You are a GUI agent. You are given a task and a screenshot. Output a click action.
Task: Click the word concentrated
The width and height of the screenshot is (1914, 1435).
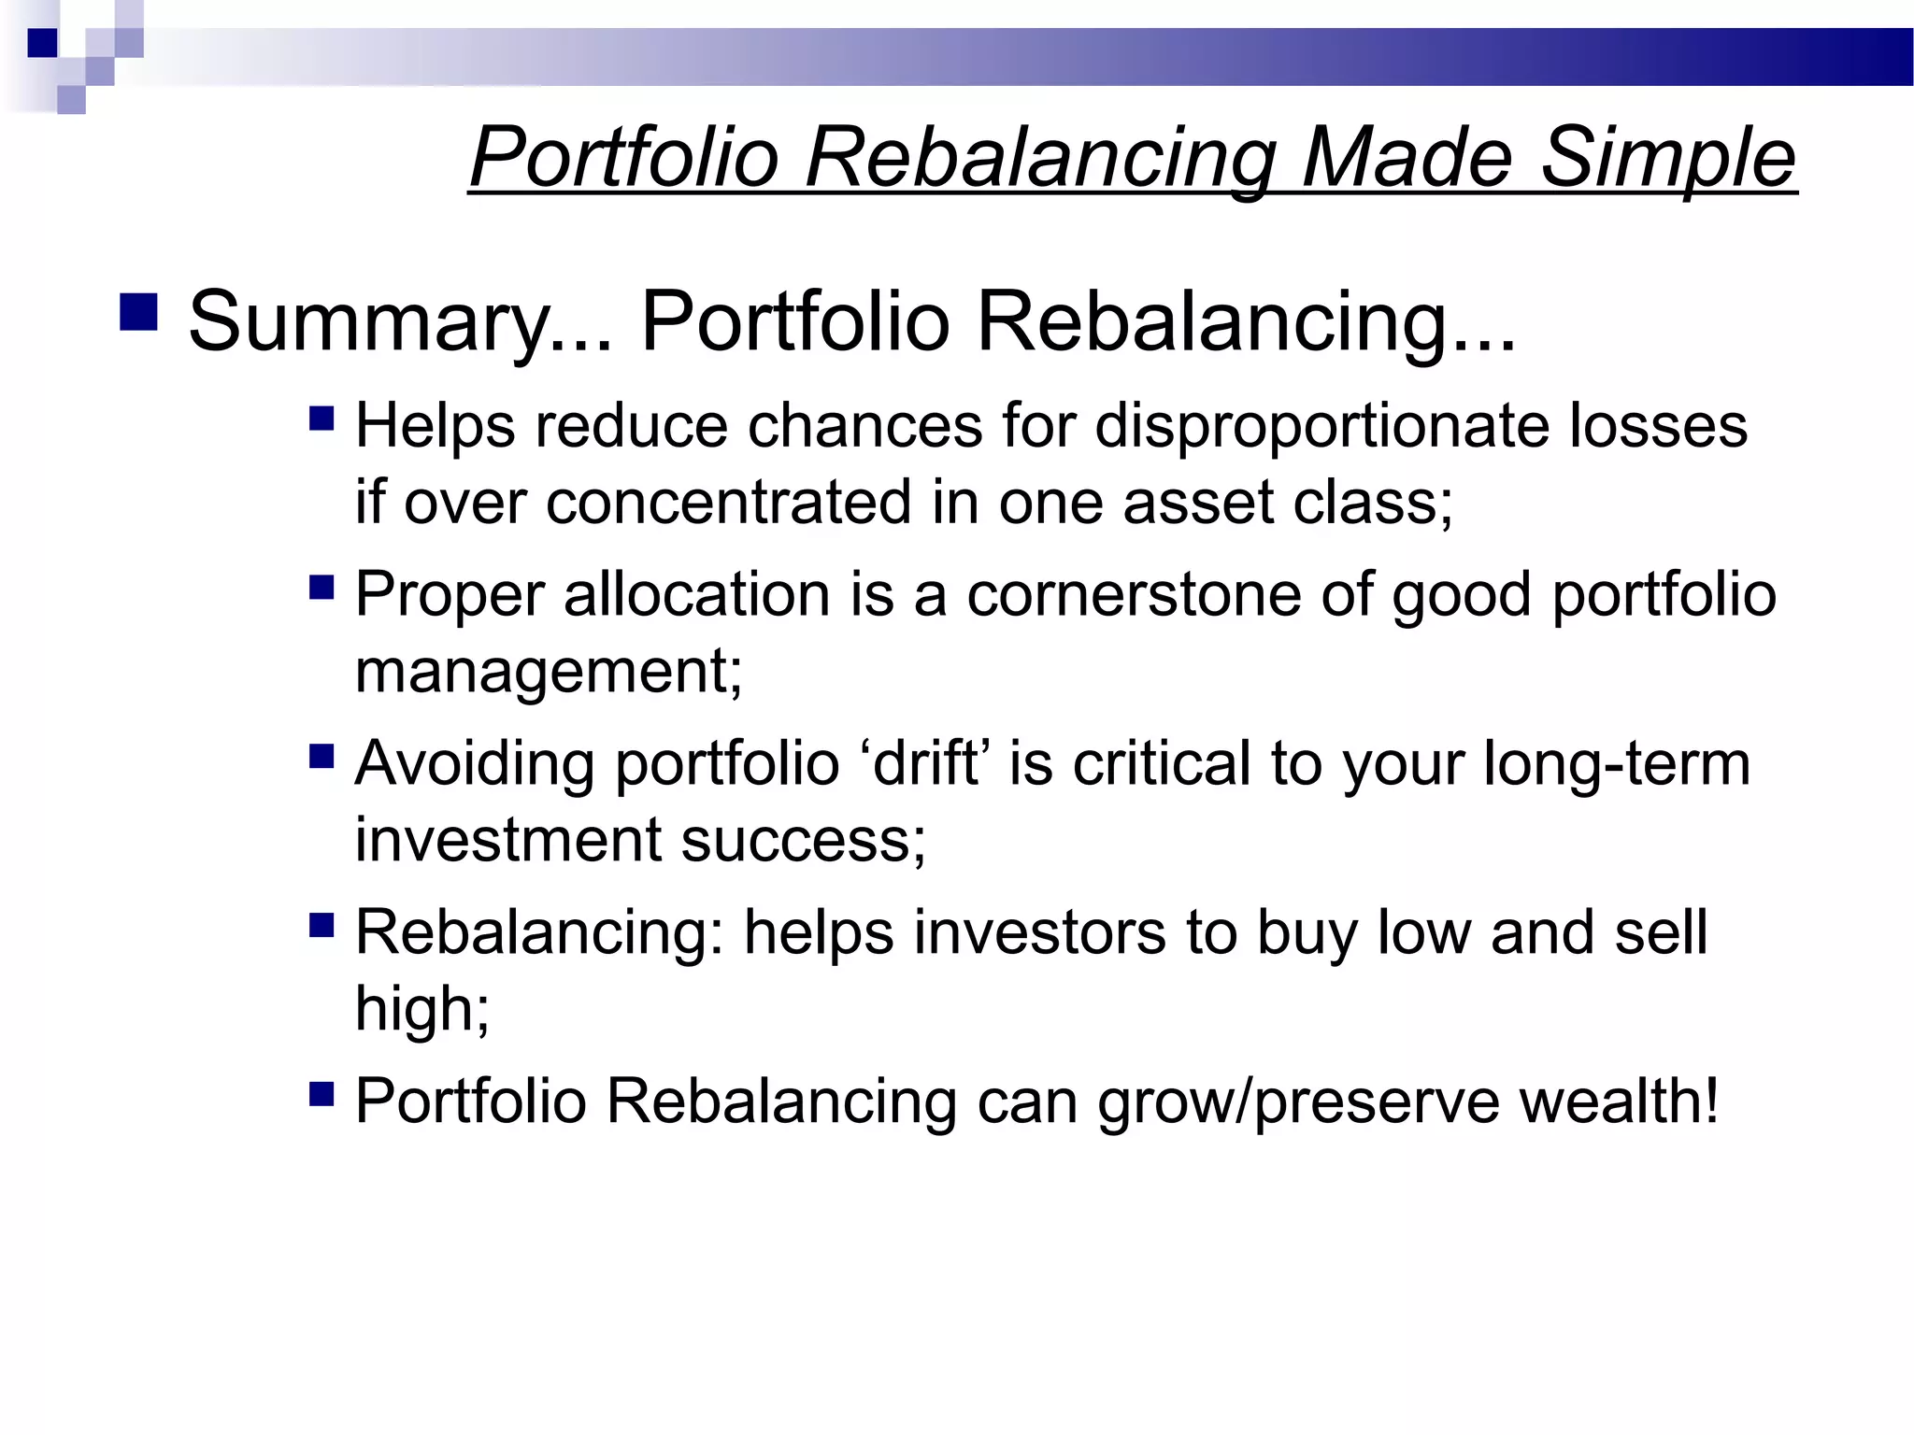click(728, 503)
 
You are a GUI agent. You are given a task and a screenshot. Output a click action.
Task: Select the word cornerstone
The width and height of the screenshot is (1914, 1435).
click(1133, 594)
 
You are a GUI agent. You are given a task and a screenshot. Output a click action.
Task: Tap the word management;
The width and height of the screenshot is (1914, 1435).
click(549, 671)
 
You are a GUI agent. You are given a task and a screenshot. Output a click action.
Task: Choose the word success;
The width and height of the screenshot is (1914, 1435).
click(802, 839)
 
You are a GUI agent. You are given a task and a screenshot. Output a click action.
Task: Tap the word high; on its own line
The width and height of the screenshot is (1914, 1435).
click(421, 1009)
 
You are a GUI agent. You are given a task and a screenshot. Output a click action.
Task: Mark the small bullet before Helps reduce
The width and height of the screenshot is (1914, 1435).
click(321, 418)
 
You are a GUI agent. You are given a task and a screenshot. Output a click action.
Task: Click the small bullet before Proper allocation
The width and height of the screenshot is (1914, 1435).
click(321, 588)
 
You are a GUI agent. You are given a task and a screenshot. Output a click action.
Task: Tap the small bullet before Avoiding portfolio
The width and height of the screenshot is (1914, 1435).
click(321, 756)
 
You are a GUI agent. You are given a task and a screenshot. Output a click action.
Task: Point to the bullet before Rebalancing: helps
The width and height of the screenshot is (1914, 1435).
click(321, 925)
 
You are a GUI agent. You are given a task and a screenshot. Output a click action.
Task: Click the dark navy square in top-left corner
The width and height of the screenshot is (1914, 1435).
click(42, 43)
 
